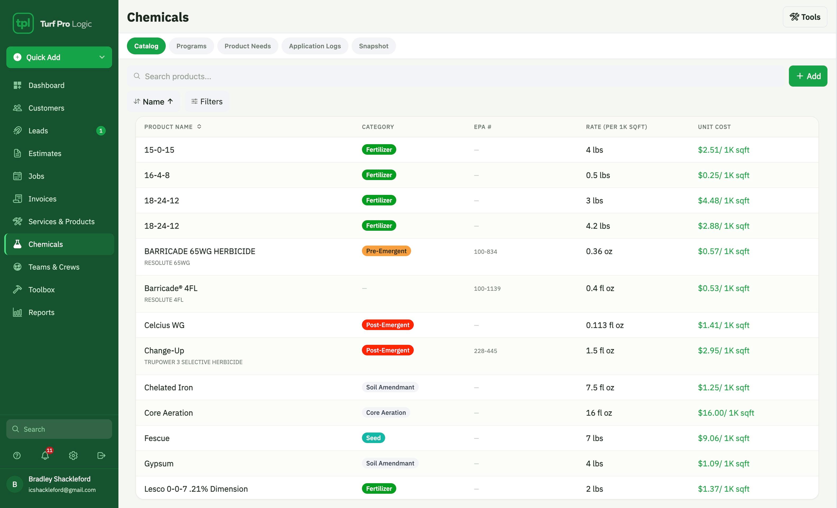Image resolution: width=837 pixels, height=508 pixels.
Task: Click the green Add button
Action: (808, 76)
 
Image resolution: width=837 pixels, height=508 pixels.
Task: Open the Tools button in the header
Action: (805, 17)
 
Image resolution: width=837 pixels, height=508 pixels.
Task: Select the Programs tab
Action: (191, 46)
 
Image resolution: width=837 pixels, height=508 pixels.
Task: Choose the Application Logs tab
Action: (315, 46)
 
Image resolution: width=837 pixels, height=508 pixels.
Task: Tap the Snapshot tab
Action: (373, 46)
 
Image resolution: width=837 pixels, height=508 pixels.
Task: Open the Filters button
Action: (207, 101)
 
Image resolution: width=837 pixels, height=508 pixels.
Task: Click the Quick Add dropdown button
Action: (59, 57)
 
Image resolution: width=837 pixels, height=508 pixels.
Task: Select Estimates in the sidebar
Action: (45, 153)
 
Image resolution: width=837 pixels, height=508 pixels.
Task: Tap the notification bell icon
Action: (45, 455)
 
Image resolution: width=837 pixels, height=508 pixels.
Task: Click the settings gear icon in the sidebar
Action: (73, 455)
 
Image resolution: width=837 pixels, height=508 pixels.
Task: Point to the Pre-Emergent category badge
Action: (386, 251)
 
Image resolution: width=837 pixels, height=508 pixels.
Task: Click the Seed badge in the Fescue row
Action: (373, 438)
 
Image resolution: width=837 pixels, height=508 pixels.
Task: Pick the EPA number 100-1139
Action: (487, 288)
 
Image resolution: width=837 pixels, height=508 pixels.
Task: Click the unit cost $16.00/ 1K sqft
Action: (726, 413)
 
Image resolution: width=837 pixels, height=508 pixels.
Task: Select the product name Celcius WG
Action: (164, 325)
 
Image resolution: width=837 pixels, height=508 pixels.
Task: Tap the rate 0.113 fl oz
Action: (605, 325)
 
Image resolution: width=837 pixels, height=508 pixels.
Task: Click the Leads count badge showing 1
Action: (101, 131)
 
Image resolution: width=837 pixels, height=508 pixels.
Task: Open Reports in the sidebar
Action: (42, 312)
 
